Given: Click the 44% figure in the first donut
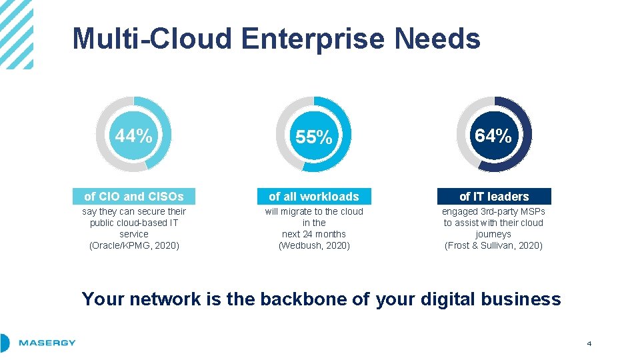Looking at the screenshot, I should pyautogui.click(x=133, y=136).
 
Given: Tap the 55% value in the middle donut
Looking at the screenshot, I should pyautogui.click(x=313, y=137).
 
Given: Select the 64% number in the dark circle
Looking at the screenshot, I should pyautogui.click(x=493, y=136).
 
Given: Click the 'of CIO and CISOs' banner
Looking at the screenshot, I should pyautogui.click(x=133, y=197).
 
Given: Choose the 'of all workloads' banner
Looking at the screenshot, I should pyautogui.click(x=313, y=197).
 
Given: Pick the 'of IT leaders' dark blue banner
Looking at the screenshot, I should pyautogui.click(x=494, y=197).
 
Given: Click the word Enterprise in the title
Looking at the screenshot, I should pyautogui.click(x=313, y=39).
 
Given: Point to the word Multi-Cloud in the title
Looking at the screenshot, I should pyautogui.click(x=153, y=39).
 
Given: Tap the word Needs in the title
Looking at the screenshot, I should pyautogui.click(x=437, y=39).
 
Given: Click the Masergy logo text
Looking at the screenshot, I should pyautogui.click(x=47, y=343).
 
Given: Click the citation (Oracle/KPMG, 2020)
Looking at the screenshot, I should pyautogui.click(x=133, y=245).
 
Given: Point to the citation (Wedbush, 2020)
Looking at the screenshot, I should pyautogui.click(x=314, y=245).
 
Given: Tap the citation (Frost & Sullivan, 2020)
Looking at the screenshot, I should pyautogui.click(x=493, y=245).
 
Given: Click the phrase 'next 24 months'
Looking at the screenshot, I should pyautogui.click(x=314, y=234).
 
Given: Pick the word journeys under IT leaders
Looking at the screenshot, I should pyautogui.click(x=493, y=234).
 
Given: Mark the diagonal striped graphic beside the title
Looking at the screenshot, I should pyautogui.click(x=16, y=33).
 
